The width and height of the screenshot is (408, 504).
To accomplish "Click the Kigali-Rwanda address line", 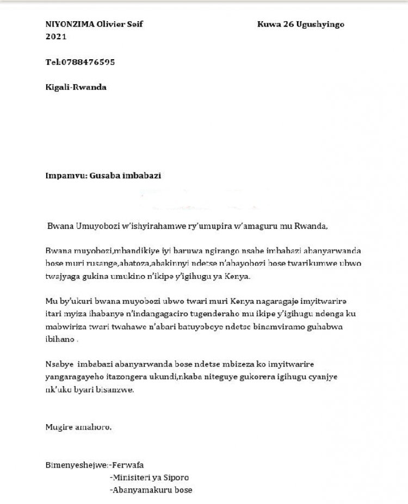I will (76, 87).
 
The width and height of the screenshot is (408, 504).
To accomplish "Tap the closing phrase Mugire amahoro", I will (79, 427).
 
